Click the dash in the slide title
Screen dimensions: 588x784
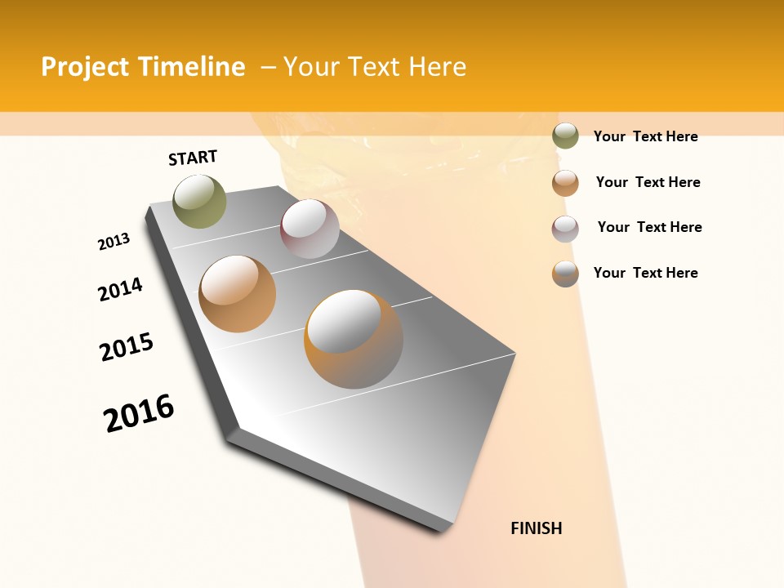pos(268,67)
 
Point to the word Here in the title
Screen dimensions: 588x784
pos(437,67)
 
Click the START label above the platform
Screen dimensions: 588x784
pos(193,158)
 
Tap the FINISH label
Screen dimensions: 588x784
pos(537,528)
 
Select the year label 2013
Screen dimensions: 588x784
pos(114,242)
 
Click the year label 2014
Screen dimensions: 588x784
pos(120,289)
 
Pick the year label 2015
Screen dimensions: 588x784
pos(127,347)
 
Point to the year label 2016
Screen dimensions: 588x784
pos(139,413)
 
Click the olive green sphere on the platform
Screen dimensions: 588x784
pos(200,201)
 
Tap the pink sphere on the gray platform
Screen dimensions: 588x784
pos(310,229)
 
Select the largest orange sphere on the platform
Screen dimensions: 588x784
pos(354,338)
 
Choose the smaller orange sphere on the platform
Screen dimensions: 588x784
pos(237,294)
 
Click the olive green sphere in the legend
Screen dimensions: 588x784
pos(565,136)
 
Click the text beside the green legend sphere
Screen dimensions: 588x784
pos(645,136)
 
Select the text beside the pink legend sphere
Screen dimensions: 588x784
pos(649,227)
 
